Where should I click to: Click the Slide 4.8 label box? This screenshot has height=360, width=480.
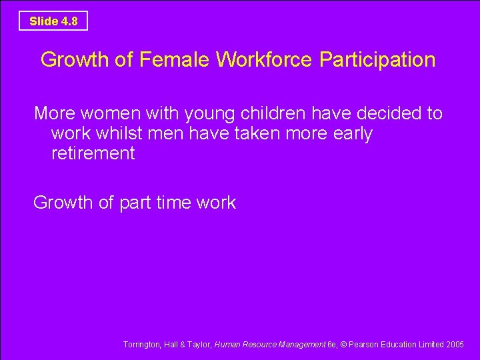click(x=53, y=21)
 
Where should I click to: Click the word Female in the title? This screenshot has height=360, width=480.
click(x=174, y=60)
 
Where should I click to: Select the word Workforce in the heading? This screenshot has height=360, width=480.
click(x=265, y=60)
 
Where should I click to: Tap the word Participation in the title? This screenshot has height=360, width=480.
click(x=377, y=60)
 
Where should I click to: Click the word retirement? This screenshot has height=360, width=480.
click(x=93, y=153)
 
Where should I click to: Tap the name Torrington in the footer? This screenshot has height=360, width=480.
click(x=141, y=345)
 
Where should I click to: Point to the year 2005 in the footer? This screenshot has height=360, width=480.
click(x=455, y=345)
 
